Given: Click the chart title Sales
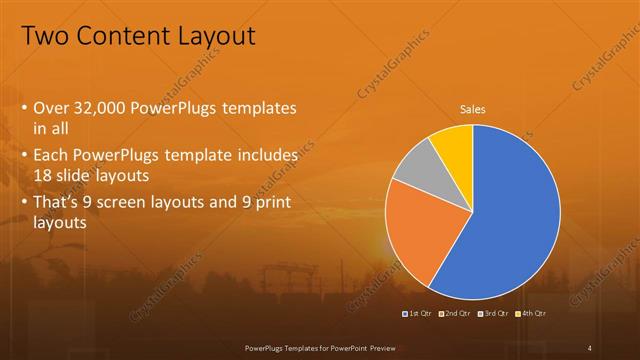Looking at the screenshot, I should click(x=473, y=109).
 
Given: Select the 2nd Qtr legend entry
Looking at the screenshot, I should click(x=456, y=314).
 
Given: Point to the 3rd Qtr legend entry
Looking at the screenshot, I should click(x=496, y=314).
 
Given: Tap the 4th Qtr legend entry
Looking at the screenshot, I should click(x=532, y=314).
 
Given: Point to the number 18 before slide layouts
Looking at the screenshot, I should click(x=43, y=175).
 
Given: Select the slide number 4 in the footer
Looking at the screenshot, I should click(x=590, y=346).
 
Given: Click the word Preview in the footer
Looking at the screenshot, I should click(x=383, y=346).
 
